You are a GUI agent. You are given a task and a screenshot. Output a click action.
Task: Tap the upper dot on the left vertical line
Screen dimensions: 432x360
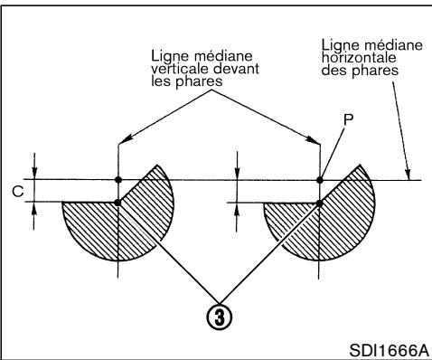(x=117, y=179)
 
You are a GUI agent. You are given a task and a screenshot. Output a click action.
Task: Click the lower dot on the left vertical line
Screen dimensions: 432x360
(x=117, y=202)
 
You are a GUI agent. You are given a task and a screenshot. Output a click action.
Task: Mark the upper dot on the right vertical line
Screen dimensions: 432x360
(x=319, y=179)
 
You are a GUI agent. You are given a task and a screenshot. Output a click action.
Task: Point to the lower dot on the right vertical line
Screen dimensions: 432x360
(x=319, y=202)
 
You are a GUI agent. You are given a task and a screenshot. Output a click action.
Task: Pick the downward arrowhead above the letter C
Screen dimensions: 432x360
(x=35, y=174)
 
